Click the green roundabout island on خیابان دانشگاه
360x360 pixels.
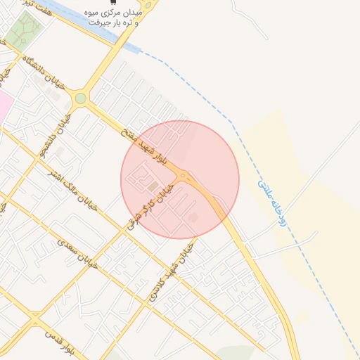coord(81,98)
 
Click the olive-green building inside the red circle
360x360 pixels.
coord(153,186)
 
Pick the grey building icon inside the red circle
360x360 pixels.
coord(194,217)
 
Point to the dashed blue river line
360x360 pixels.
coord(211,98)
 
